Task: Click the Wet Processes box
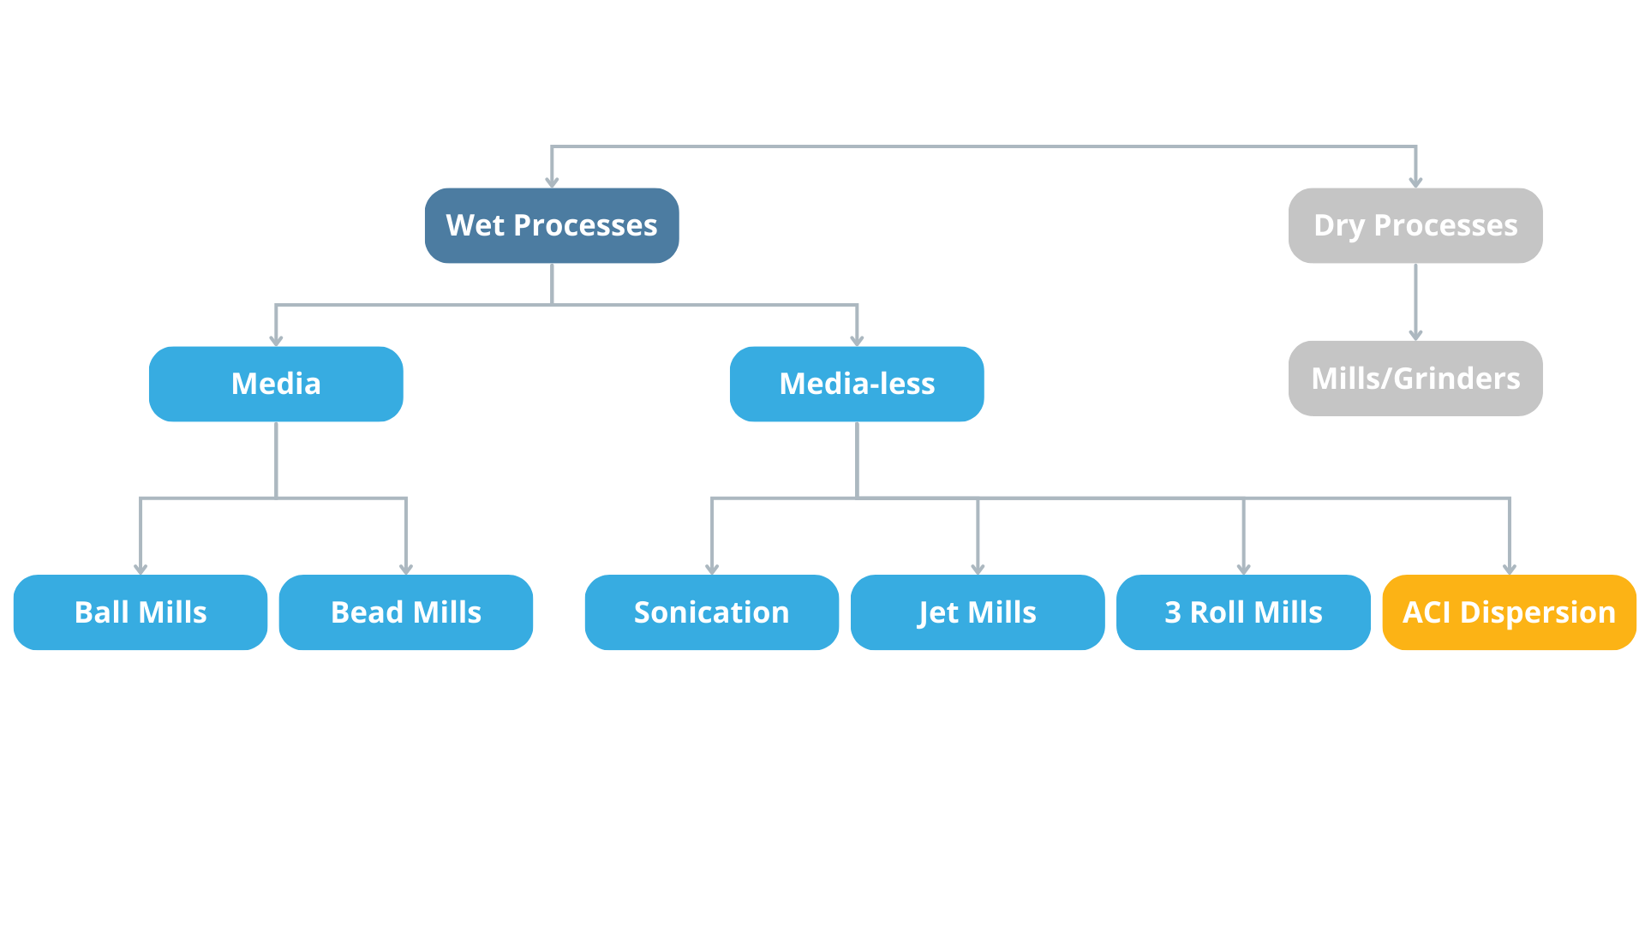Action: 552,225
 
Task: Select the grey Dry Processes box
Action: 1415,225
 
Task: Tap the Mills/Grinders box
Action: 1415,379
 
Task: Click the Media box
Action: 276,384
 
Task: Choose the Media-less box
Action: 857,384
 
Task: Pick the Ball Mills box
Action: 141,612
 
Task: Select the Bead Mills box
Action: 406,612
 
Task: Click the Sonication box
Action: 712,612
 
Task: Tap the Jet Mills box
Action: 978,612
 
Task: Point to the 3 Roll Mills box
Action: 1243,612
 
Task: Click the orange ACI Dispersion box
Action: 1510,612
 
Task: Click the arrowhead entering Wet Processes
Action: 552,182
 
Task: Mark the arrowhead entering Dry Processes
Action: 1415,182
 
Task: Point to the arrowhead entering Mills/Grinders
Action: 1415,335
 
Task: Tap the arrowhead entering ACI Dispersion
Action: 1510,569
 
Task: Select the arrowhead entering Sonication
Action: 712,569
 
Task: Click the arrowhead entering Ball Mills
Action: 141,569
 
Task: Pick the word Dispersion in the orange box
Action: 1538,613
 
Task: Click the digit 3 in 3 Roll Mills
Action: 1173,612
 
